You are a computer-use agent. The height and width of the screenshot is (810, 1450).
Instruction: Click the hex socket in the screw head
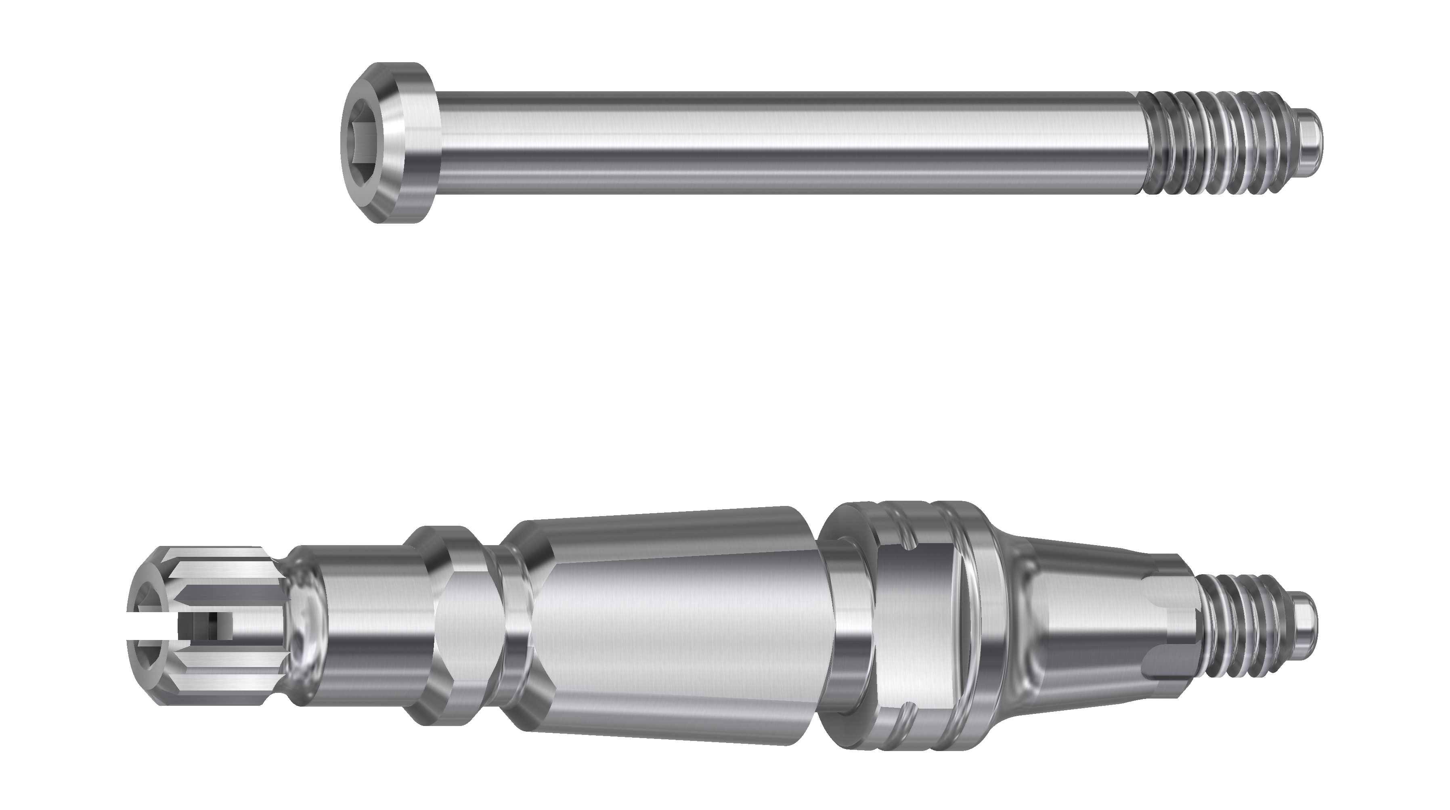(x=360, y=143)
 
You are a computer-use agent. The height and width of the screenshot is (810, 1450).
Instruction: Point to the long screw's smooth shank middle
(x=788, y=143)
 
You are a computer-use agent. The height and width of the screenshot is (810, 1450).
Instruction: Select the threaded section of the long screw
(x=1210, y=143)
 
